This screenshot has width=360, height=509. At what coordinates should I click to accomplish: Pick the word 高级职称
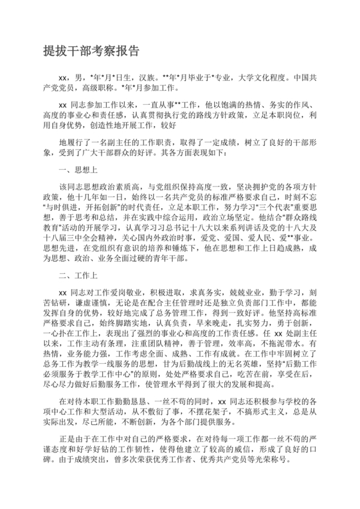[x=94, y=87]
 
